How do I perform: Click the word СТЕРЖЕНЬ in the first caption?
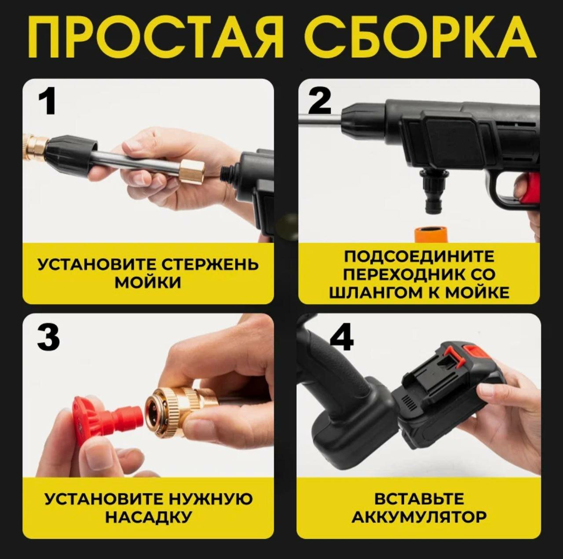210,265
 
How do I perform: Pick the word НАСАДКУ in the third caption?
148,517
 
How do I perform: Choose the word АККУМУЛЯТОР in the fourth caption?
419,517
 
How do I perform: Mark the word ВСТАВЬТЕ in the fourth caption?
419,498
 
